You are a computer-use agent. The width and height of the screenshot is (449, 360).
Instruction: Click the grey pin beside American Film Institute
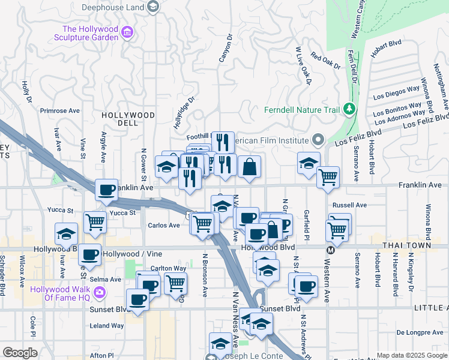[x=318, y=140]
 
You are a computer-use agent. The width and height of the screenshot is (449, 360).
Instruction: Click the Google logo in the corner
[x=20, y=353]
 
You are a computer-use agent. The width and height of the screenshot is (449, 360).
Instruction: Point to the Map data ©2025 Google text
[x=411, y=355]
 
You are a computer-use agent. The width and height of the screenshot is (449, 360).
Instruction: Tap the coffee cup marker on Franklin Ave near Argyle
[x=107, y=190]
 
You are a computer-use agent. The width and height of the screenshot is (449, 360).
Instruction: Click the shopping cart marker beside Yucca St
[x=95, y=221]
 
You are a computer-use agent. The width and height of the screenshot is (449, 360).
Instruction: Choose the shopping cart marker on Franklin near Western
[x=328, y=176]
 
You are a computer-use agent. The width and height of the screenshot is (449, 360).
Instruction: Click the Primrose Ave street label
[x=59, y=110]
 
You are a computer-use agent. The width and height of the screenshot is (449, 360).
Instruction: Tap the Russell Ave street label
[x=353, y=205]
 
